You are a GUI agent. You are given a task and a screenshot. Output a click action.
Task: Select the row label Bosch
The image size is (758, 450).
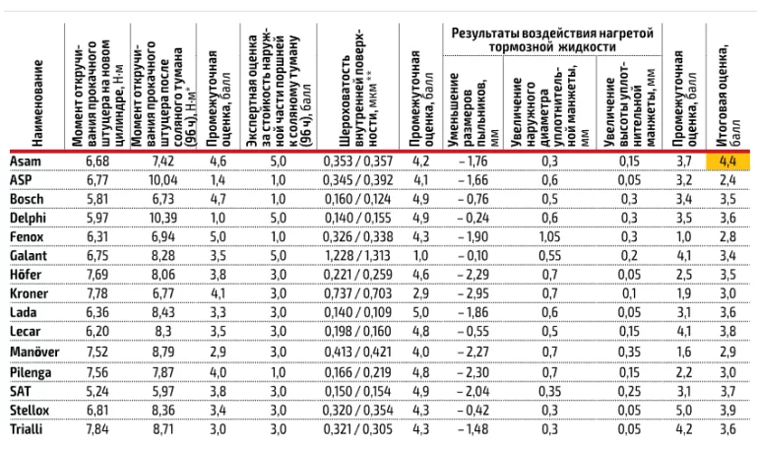tap(23, 198)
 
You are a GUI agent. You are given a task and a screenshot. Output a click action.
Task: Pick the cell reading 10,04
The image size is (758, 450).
tap(163, 179)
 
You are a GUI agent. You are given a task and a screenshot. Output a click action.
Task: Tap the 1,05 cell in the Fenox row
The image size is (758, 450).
tap(549, 236)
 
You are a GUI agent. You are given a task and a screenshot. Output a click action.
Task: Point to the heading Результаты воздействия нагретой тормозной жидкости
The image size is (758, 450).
tap(552, 39)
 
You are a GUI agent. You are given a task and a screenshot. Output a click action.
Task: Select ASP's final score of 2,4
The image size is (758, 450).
tap(726, 179)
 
